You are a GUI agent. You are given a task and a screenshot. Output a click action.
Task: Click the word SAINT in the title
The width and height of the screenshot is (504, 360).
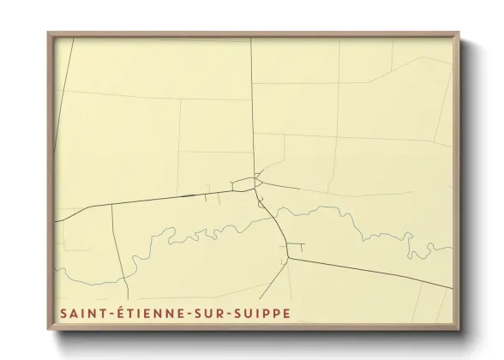(x=81, y=315)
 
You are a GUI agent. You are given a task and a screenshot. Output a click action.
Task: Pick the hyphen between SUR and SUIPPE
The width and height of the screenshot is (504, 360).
(x=228, y=315)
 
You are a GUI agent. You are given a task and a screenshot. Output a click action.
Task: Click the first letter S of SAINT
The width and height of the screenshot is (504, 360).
(x=63, y=315)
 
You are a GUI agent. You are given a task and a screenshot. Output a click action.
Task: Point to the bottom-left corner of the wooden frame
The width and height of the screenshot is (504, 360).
(x=48, y=333)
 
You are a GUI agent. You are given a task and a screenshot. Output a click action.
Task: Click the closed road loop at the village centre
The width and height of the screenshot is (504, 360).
(x=244, y=183)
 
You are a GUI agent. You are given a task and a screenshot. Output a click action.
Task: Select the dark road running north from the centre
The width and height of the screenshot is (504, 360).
(x=252, y=103)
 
